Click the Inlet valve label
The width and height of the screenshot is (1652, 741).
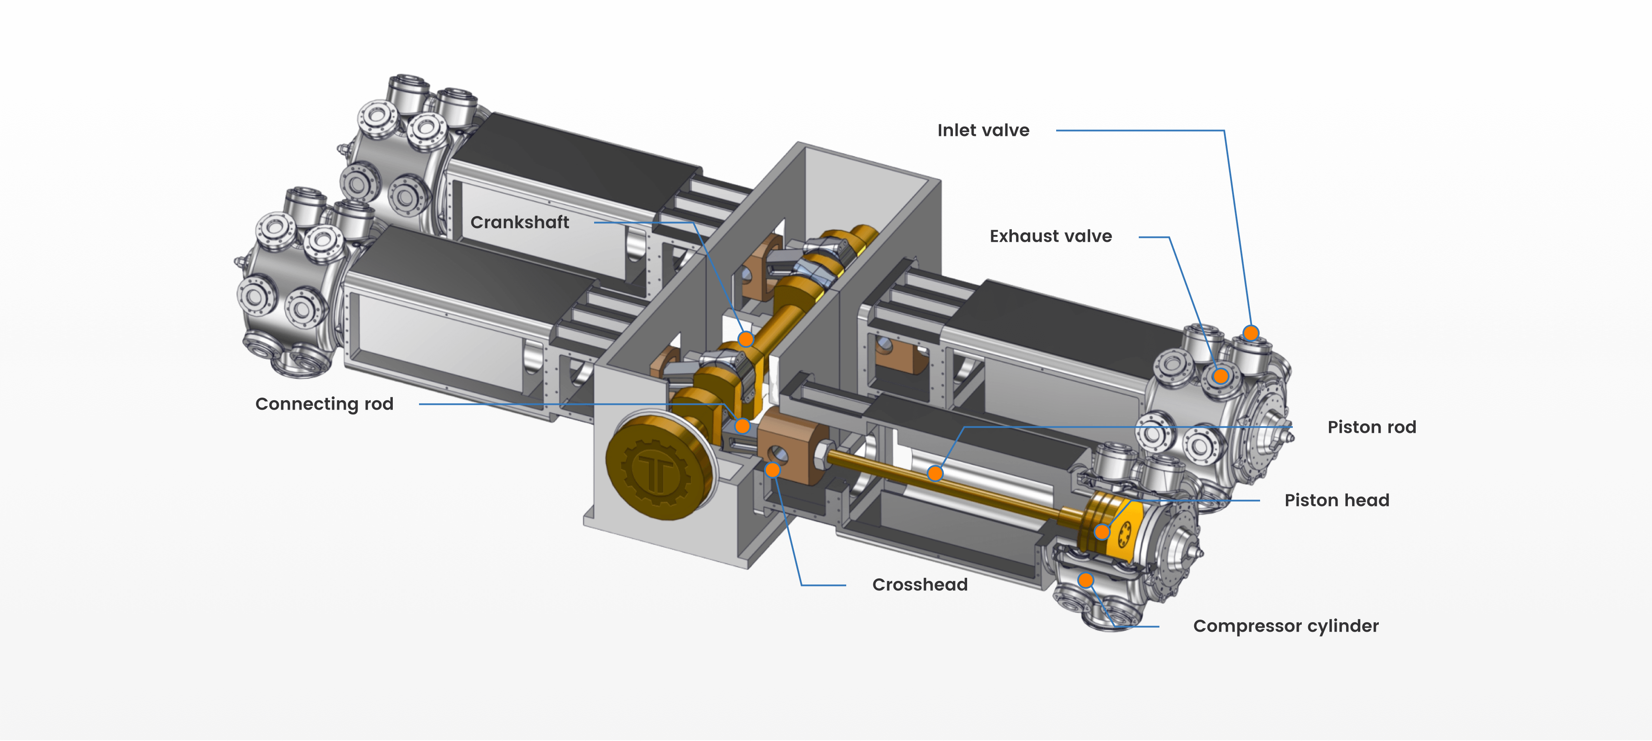[983, 130]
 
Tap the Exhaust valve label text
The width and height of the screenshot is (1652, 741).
[1051, 236]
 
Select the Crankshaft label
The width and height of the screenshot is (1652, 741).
[519, 222]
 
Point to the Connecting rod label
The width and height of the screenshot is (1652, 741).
[324, 404]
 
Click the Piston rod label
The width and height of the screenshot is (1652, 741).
[1372, 427]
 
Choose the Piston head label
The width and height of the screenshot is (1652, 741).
[1337, 500]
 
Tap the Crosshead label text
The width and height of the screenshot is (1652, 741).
[920, 584]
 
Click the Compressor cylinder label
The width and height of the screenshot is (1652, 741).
[1286, 626]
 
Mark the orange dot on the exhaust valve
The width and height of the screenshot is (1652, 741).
[1221, 376]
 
